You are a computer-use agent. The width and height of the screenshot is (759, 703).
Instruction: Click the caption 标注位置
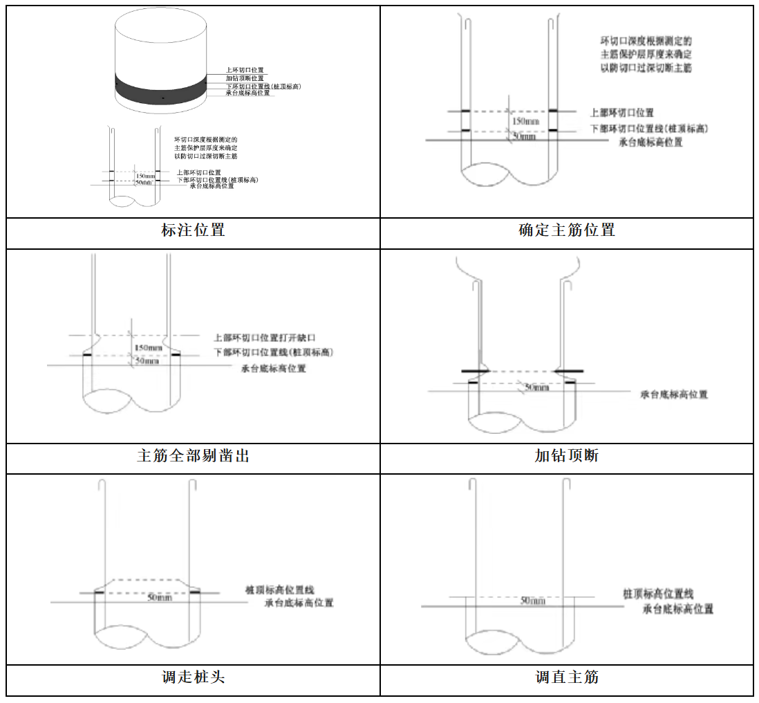193,230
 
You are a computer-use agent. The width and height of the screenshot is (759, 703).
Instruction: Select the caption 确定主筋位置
567,230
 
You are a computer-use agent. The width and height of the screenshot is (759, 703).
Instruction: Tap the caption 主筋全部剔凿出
193,457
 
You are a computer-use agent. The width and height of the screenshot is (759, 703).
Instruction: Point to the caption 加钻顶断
567,456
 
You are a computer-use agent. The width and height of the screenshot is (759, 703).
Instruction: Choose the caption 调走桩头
193,677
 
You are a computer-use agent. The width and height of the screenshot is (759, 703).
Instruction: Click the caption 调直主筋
567,677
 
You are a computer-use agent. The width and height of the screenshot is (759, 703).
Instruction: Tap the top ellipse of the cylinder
160,28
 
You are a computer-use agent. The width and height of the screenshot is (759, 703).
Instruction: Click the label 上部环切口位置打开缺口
265,338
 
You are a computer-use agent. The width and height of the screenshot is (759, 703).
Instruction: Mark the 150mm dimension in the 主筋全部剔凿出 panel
149,347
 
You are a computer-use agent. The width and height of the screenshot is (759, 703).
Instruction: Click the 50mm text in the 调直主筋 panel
532,601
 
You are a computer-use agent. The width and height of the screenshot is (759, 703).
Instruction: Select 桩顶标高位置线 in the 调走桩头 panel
279,590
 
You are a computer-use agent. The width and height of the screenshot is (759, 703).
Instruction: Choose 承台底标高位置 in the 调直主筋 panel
678,609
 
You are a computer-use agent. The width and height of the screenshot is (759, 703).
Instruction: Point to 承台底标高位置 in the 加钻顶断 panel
673,394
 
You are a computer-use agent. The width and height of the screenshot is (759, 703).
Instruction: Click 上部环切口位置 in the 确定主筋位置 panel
621,113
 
